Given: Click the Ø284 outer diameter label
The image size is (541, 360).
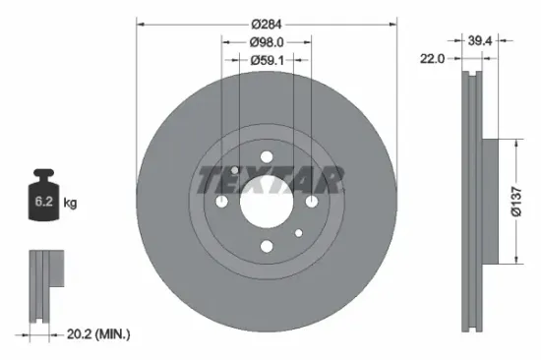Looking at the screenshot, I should point(266,23).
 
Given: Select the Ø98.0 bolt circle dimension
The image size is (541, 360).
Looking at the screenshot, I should point(266,41).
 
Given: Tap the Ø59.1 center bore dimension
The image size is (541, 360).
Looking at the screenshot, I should point(266,60).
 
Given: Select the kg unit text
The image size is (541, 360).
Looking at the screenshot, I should point(70,204).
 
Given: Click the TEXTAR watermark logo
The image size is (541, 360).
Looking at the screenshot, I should point(270,179).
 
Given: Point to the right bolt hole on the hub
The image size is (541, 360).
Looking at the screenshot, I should point(311,201).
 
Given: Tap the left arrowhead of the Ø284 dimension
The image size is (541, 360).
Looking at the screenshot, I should point(140,23).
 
